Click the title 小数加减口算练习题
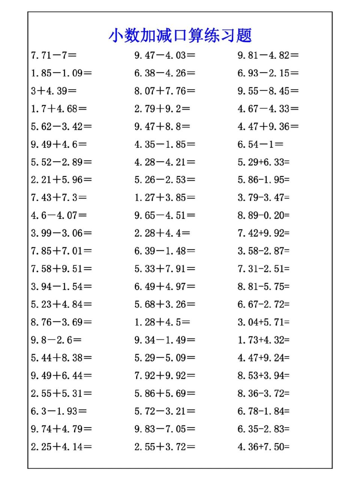pos(180,36)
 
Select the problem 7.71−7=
pos(54,55)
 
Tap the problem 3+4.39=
pos(54,91)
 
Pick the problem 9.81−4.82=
pos(268,55)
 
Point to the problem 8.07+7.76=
pos(165,91)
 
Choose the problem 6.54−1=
pos(260,144)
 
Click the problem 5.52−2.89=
pos(61,162)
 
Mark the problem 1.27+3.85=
pos(165,198)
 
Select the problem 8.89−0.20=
pos(263,216)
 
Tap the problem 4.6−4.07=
pos(59,216)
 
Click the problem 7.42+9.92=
pos(263,233)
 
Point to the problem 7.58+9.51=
pos(61,269)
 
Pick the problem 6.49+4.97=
pos(165,287)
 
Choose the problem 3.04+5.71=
pos(263,322)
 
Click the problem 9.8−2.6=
pos(56,340)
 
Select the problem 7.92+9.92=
pos(165,376)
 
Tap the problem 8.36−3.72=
pos(263,393)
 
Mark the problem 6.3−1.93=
pos(59,411)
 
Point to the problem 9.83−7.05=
pos(165,429)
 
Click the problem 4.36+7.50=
pos(263,447)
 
